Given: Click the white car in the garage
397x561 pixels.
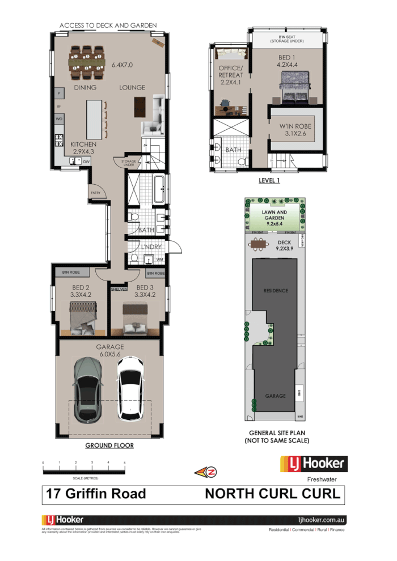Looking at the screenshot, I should (130, 389).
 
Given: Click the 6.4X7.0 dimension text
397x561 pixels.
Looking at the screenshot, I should (122, 65).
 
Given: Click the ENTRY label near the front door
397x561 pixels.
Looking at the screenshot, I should (95, 193).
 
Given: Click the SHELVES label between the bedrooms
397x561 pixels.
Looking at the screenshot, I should (119, 288).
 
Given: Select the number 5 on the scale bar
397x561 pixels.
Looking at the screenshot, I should (125, 463).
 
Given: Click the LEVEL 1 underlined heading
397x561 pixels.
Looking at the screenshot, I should (268, 181).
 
